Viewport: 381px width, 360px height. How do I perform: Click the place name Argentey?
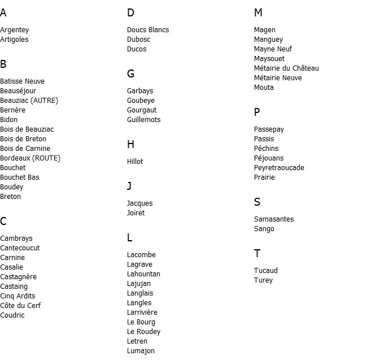pos(15,30)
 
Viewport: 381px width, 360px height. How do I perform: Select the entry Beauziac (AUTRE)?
pos(29,101)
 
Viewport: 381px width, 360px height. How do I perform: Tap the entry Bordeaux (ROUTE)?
pos(30,158)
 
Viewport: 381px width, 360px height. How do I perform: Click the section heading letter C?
pos(3,222)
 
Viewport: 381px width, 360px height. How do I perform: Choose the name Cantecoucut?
pos(20,248)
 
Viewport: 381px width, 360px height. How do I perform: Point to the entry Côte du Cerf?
pos(20,306)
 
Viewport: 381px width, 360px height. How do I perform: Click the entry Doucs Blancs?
pos(148,30)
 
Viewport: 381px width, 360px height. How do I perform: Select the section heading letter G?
pos(131,74)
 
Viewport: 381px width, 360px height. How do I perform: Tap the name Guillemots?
pos(143,120)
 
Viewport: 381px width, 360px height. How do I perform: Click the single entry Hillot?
pos(135,162)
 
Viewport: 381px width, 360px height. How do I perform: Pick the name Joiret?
pos(135,213)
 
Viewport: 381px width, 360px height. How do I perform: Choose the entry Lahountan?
pos(143,274)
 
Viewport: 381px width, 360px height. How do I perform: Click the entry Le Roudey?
pos(143,332)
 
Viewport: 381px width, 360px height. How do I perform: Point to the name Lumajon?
pos(141,351)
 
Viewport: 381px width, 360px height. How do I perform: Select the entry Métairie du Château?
pos(286,68)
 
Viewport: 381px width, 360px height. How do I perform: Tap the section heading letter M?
pos(259,13)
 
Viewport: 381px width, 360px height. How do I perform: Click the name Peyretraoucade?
pos(279,168)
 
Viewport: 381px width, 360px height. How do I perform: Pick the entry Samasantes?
pos(274,219)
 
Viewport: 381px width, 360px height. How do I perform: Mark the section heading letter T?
pos(257,254)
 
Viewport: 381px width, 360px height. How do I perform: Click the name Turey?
pos(263,280)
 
